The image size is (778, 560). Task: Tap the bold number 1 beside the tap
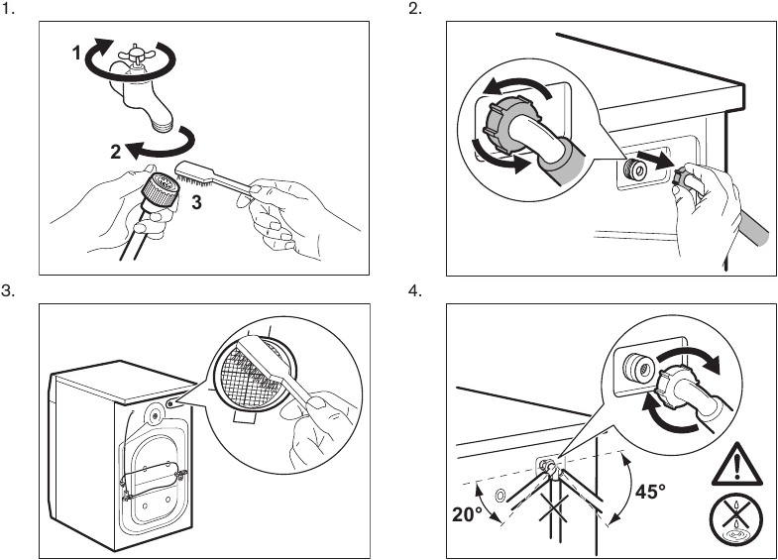76,53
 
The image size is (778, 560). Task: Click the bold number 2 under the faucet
116,152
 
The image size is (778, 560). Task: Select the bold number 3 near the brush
196,202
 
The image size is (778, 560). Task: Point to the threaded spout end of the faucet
164,124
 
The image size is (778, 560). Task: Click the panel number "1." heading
8,9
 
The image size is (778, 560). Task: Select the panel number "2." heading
415,9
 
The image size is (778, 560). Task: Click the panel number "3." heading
8,290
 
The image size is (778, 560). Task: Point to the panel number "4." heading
415,290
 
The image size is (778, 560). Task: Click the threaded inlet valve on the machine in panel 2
634,170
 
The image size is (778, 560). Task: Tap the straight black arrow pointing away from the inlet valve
654,161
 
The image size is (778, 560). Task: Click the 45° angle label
650,492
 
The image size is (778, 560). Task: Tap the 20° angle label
467,514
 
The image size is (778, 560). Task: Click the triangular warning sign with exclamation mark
736,466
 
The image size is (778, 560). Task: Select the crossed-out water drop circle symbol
735,519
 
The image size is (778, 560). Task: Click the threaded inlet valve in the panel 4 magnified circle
637,368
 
